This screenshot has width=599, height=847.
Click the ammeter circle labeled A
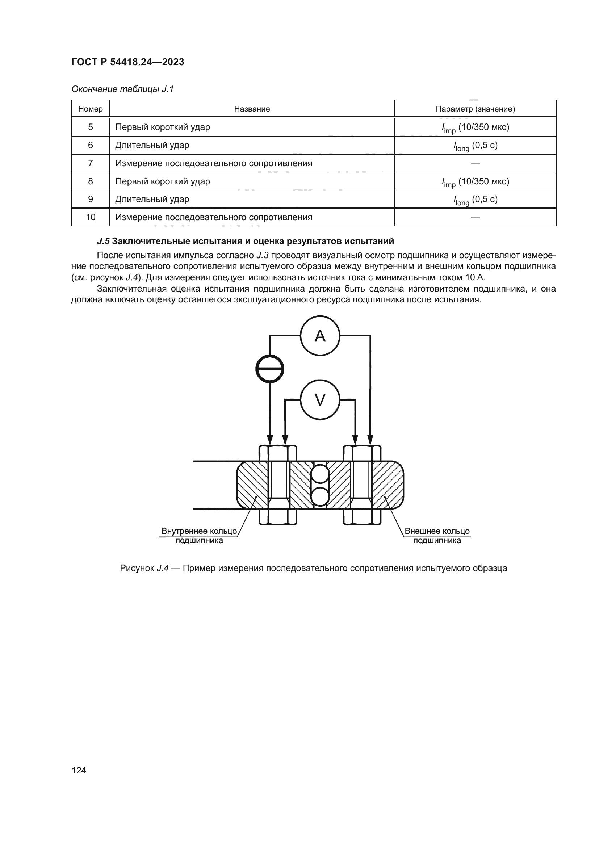[x=320, y=336]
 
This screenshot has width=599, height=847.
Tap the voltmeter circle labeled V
[x=320, y=400]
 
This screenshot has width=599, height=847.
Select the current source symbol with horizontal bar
[x=270, y=369]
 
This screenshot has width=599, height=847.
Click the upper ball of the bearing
[x=320, y=474]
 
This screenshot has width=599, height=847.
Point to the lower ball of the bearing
[x=320, y=496]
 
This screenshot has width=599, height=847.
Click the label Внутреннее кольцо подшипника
[x=199, y=536]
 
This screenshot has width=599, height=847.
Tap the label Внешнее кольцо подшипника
[x=437, y=536]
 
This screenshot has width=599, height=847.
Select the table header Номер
[x=91, y=109]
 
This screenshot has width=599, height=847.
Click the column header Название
[x=252, y=109]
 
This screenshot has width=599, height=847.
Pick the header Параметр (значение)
[x=475, y=109]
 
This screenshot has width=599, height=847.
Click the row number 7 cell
[x=91, y=163]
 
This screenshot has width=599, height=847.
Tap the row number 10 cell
[x=91, y=217]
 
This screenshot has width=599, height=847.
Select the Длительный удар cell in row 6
[x=152, y=145]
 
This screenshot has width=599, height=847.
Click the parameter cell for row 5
[x=475, y=127]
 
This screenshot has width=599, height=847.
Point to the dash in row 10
[x=476, y=217]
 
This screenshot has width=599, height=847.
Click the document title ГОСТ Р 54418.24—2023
[x=127, y=62]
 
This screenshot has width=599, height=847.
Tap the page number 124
[x=79, y=770]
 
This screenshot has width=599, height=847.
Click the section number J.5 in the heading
[x=103, y=241]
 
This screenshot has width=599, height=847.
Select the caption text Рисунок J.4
[x=144, y=568]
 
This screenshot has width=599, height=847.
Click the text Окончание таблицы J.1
[x=122, y=89]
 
